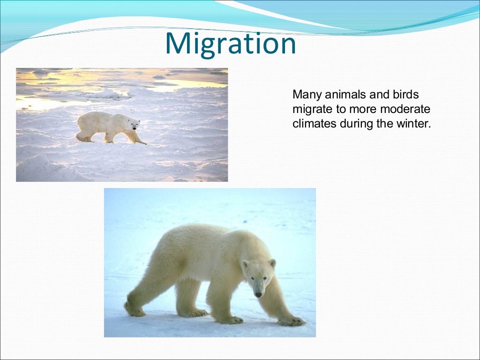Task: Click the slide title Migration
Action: pos(231,44)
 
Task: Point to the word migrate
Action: pos(310,110)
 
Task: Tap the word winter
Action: pos(413,124)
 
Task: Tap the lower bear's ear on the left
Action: pos(245,265)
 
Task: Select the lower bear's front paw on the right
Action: pos(292,321)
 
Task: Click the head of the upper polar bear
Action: pos(134,124)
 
